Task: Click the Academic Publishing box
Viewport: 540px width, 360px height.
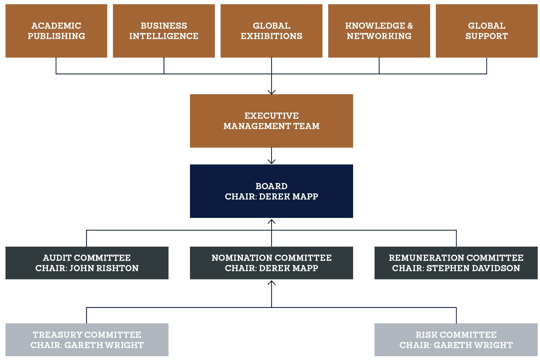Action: (x=56, y=31)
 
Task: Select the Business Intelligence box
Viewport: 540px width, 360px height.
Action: (x=164, y=31)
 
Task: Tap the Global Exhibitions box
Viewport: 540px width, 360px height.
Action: (x=272, y=31)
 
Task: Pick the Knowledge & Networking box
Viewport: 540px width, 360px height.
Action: (x=379, y=31)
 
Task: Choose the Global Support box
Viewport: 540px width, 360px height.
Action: (x=486, y=31)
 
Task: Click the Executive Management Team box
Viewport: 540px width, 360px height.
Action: (x=272, y=121)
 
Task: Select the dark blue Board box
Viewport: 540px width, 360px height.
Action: (x=272, y=191)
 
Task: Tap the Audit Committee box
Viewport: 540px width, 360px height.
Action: (x=87, y=263)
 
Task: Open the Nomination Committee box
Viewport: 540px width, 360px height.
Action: (x=272, y=263)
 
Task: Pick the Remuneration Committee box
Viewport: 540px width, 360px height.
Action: (x=456, y=263)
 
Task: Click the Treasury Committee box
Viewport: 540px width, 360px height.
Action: (x=87, y=340)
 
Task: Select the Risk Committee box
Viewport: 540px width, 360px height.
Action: (x=456, y=340)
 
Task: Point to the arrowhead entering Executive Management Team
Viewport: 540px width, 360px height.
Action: (x=272, y=92)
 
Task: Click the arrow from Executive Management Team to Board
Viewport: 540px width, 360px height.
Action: (x=272, y=156)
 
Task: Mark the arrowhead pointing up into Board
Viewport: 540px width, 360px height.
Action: (x=272, y=221)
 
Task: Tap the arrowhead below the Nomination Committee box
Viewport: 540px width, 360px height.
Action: (x=272, y=283)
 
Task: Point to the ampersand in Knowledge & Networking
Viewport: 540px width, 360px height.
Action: (x=410, y=26)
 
